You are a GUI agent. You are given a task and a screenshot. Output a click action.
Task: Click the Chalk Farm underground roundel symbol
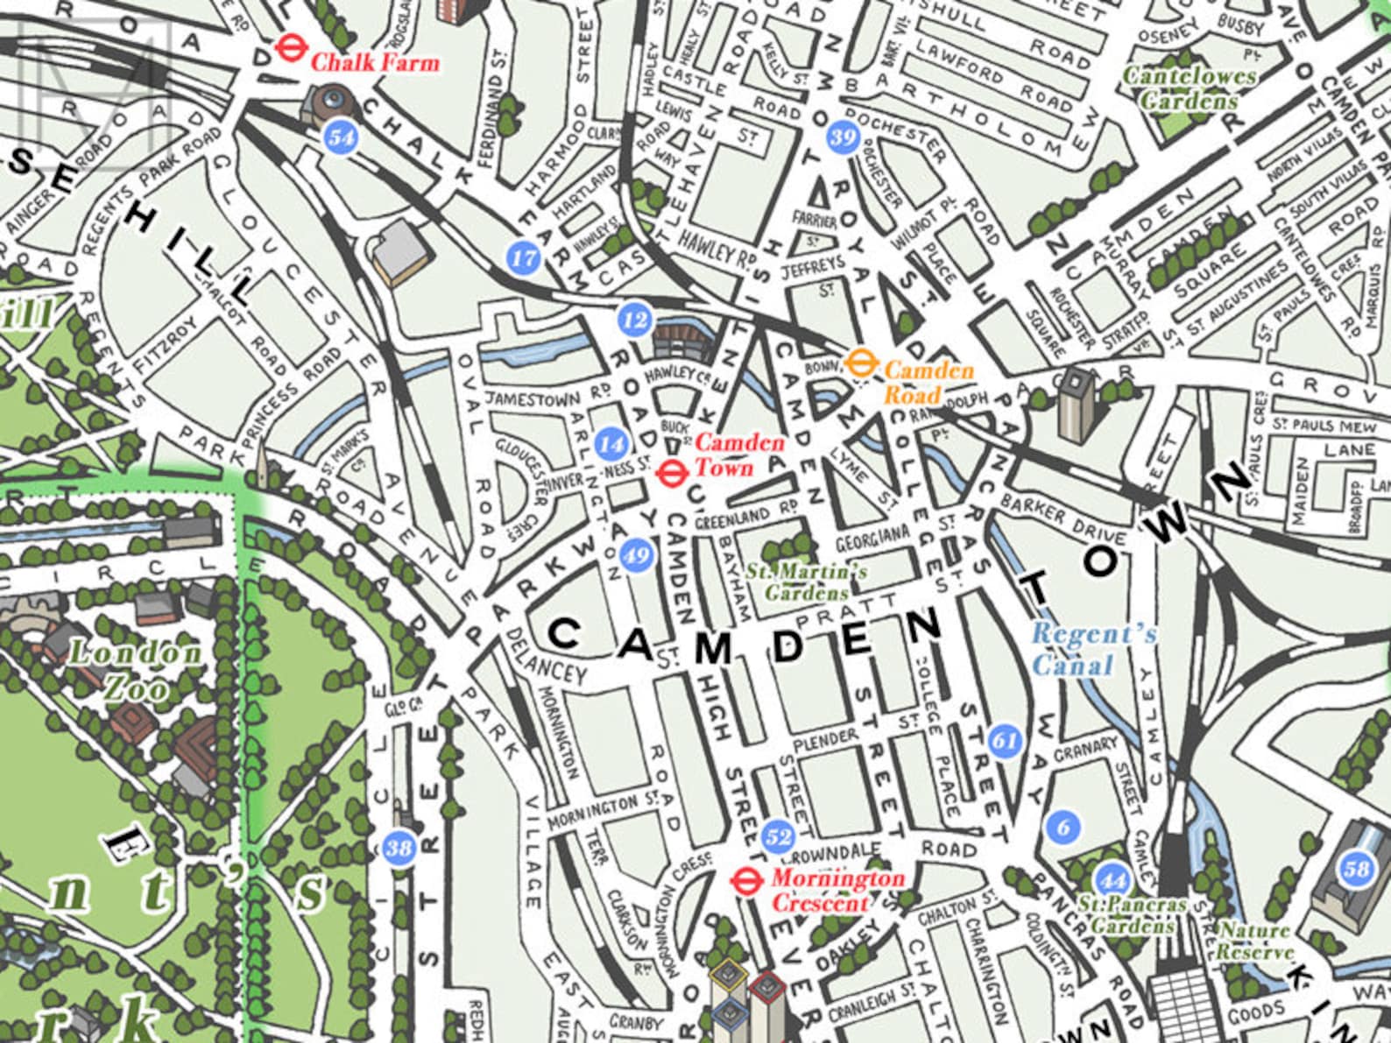(x=286, y=48)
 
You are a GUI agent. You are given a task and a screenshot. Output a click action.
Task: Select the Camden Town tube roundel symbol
(x=671, y=472)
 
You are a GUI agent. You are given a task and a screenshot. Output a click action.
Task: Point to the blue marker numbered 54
(x=341, y=137)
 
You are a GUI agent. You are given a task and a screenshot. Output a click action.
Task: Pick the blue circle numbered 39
(x=842, y=137)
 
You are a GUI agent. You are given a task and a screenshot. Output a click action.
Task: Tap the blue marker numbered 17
(x=523, y=257)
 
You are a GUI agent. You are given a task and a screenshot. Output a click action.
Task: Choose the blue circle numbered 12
(x=633, y=320)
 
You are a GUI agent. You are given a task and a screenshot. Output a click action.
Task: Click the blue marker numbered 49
(x=636, y=555)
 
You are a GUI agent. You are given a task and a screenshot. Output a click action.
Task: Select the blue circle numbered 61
(x=1004, y=741)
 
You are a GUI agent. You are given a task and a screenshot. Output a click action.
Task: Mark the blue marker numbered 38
(x=399, y=848)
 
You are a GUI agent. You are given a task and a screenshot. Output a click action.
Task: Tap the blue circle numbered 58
(x=1356, y=869)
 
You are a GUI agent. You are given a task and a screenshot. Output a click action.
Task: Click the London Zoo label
(x=136, y=670)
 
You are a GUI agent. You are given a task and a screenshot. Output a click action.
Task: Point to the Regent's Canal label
(x=1093, y=648)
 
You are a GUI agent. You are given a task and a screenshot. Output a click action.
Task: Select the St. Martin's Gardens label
(x=806, y=582)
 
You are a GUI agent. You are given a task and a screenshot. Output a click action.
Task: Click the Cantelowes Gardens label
(x=1190, y=88)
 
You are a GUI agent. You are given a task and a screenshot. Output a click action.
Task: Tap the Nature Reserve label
(x=1254, y=941)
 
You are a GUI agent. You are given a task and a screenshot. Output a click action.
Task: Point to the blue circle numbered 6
(x=1063, y=826)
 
